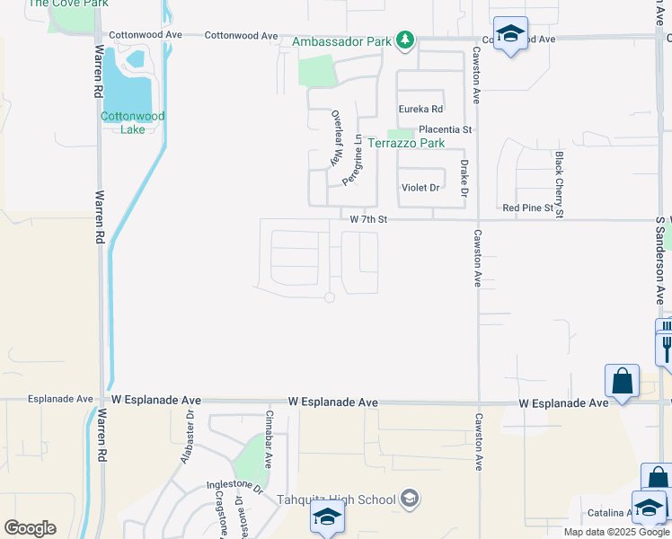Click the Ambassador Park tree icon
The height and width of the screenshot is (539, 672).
(406, 40)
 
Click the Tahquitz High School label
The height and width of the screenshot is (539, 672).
(336, 499)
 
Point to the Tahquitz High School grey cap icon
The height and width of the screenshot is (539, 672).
(409, 499)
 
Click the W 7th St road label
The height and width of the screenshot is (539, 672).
(368, 219)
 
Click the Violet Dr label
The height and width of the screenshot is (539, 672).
(420, 188)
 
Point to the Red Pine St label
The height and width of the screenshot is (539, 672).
(526, 208)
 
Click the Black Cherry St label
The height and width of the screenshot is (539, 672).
(559, 184)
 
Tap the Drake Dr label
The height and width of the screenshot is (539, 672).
(464, 178)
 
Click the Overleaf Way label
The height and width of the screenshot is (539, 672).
(338, 139)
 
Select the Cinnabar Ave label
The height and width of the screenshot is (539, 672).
(268, 440)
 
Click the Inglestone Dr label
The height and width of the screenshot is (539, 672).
(234, 487)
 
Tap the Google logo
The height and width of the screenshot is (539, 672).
(30, 528)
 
